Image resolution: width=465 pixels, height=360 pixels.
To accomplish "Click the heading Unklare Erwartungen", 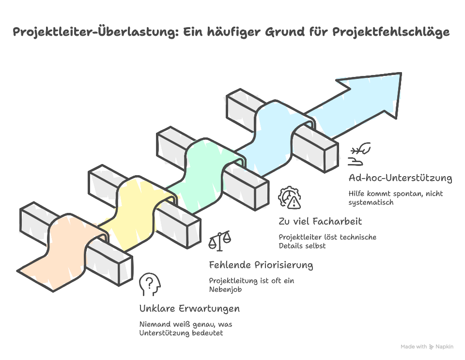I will click(x=189, y=309).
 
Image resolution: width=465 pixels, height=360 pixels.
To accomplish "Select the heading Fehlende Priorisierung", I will click(x=261, y=265).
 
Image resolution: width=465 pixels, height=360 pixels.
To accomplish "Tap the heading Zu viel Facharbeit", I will click(x=320, y=222).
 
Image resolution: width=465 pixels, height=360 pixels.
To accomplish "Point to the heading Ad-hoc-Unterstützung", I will click(x=400, y=178).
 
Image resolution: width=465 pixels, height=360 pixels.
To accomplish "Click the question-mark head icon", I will click(x=149, y=285).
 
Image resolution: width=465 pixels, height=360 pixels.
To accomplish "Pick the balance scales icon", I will click(x=219, y=241).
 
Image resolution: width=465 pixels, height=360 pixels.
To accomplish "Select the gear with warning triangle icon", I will click(x=290, y=198).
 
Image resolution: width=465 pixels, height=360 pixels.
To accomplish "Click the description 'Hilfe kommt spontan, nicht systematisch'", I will click(x=395, y=198).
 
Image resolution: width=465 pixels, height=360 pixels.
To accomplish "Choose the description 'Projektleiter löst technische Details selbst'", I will click(x=327, y=241).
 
